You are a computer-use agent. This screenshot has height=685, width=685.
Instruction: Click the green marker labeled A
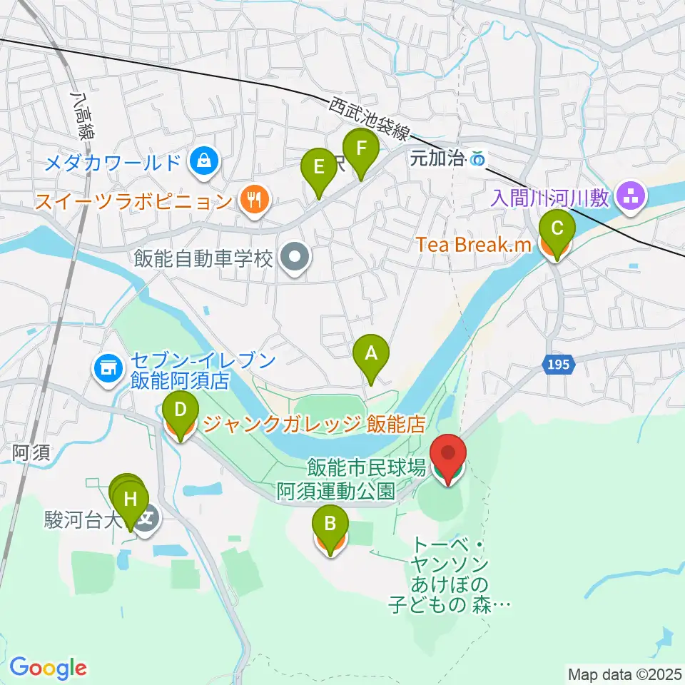pyautogui.click(x=370, y=352)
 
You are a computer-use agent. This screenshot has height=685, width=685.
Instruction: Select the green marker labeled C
pyautogui.click(x=557, y=229)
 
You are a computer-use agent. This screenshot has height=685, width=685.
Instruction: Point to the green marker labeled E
pyautogui.click(x=318, y=168)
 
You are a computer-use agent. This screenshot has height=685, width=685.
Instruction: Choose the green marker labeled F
pyautogui.click(x=361, y=150)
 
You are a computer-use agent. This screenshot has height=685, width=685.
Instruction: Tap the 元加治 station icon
pyautogui.click(x=479, y=159)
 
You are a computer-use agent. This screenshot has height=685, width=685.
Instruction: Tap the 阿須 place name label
pyautogui.click(x=31, y=453)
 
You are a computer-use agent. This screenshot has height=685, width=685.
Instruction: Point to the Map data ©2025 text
pyautogui.click(x=624, y=674)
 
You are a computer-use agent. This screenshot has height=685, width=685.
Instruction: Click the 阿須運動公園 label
pyautogui.click(x=335, y=491)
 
